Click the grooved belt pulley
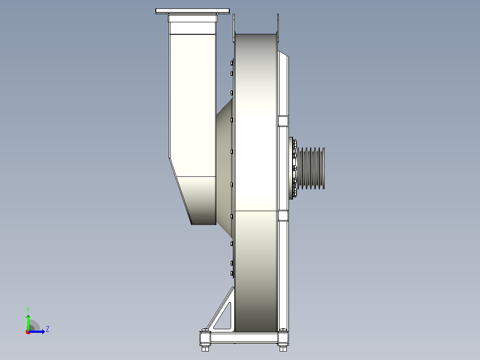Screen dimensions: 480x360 [x=311, y=168]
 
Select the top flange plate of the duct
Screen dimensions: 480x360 [x=192, y=11]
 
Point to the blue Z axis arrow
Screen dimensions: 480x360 [x=37, y=331]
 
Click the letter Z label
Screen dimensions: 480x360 [x=48, y=329]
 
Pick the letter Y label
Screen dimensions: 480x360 [x=28, y=310]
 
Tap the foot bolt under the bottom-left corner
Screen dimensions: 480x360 [x=205, y=348]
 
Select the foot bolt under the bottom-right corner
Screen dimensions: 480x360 [x=283, y=348]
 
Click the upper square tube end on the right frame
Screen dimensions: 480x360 [x=283, y=121]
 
